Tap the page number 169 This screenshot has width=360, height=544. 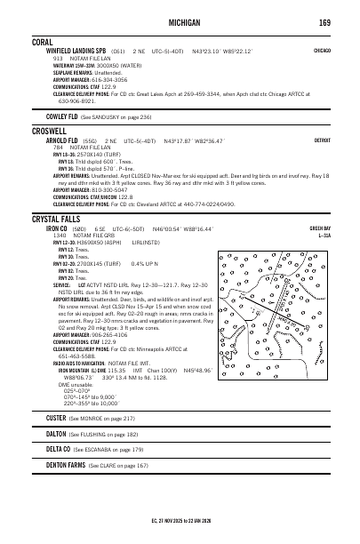325,20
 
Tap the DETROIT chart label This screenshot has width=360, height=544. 322,141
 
